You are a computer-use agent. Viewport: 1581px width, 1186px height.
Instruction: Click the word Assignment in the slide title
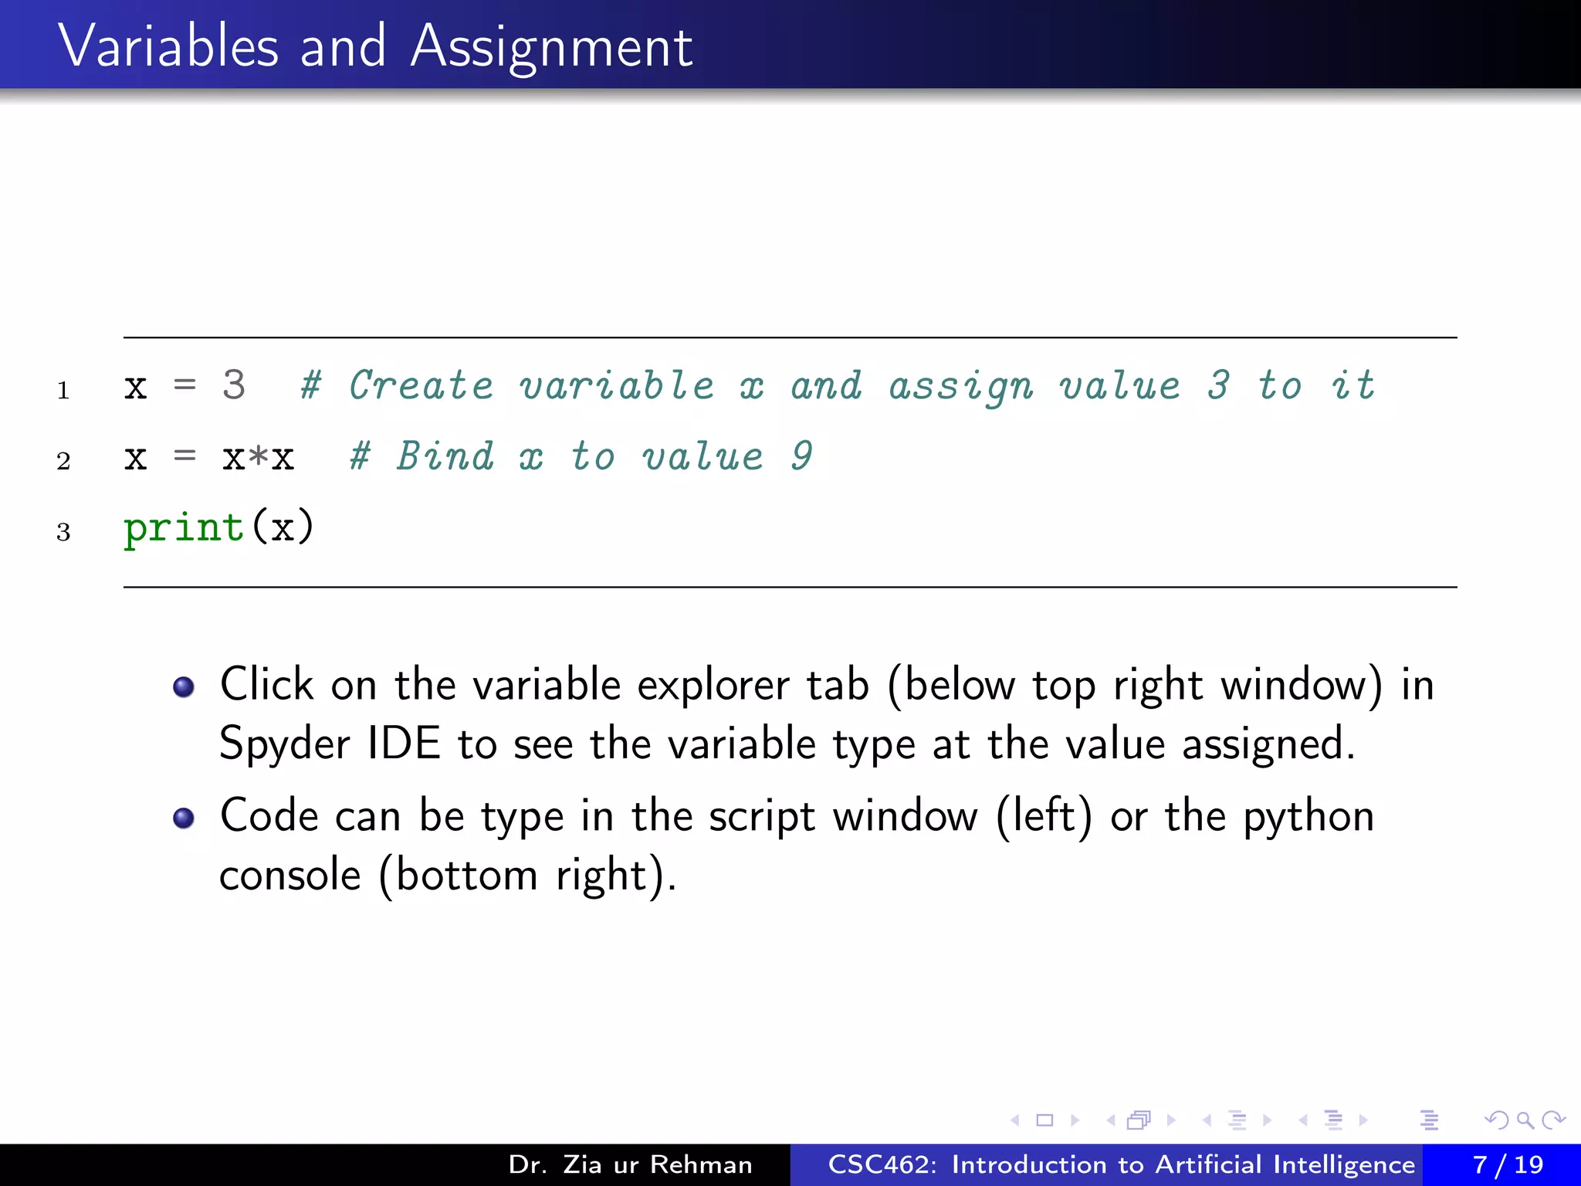pyautogui.click(x=551, y=48)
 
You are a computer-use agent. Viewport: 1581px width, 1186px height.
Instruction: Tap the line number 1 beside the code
pyautogui.click(x=63, y=391)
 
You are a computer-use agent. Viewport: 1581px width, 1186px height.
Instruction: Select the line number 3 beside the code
pyautogui.click(x=63, y=532)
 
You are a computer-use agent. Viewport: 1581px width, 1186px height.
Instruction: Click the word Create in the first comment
pyautogui.click(x=421, y=385)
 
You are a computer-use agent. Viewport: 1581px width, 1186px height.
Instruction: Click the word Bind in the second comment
pyautogui.click(x=445, y=456)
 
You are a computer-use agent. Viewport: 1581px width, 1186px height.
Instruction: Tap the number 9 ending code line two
pyautogui.click(x=802, y=456)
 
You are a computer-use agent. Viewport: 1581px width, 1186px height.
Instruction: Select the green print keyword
pyautogui.click(x=184, y=529)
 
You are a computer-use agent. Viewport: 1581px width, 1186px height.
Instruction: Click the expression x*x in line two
pyautogui.click(x=258, y=458)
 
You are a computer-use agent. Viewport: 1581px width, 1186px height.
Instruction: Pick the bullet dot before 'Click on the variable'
pyautogui.click(x=184, y=686)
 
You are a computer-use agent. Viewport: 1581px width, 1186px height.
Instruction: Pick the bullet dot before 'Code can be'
pyautogui.click(x=184, y=818)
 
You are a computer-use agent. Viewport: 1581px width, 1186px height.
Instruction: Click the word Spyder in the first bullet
pyautogui.click(x=285, y=744)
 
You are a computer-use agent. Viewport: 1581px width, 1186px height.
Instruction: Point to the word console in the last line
pyautogui.click(x=289, y=876)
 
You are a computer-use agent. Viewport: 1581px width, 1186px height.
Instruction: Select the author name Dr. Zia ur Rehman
pyautogui.click(x=630, y=1164)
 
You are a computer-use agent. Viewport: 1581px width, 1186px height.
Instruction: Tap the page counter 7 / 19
pyautogui.click(x=1507, y=1164)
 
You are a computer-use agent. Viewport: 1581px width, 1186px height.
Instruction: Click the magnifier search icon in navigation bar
pyautogui.click(x=1525, y=1120)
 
